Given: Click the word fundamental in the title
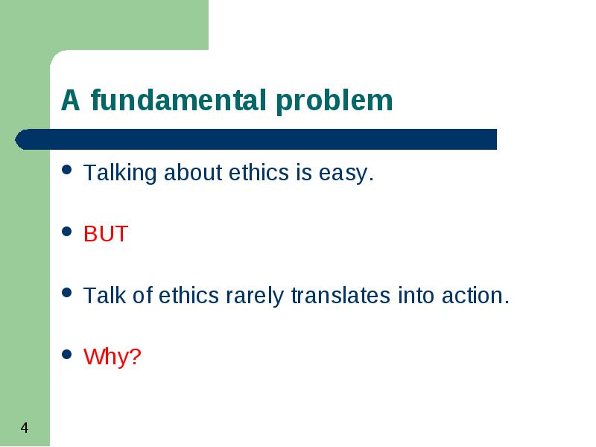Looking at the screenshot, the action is (178, 100).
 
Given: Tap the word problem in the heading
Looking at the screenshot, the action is (334, 101).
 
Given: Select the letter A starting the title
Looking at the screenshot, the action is (70, 101).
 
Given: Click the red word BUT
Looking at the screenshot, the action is (106, 233).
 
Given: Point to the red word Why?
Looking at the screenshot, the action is (112, 357).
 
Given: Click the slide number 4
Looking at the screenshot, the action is (25, 428).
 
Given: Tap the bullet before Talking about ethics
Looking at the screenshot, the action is (66, 170).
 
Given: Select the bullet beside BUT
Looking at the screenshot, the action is (66, 231).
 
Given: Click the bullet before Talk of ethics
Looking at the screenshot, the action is (66, 293).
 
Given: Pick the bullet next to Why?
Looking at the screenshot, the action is (66, 355).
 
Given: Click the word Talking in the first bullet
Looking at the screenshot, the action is (120, 174).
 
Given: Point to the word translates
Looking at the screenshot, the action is (340, 295).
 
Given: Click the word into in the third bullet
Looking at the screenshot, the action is (416, 295).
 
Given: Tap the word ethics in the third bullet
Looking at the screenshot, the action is (188, 295).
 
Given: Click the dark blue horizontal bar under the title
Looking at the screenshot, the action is (256, 139).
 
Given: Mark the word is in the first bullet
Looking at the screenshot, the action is (304, 173).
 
